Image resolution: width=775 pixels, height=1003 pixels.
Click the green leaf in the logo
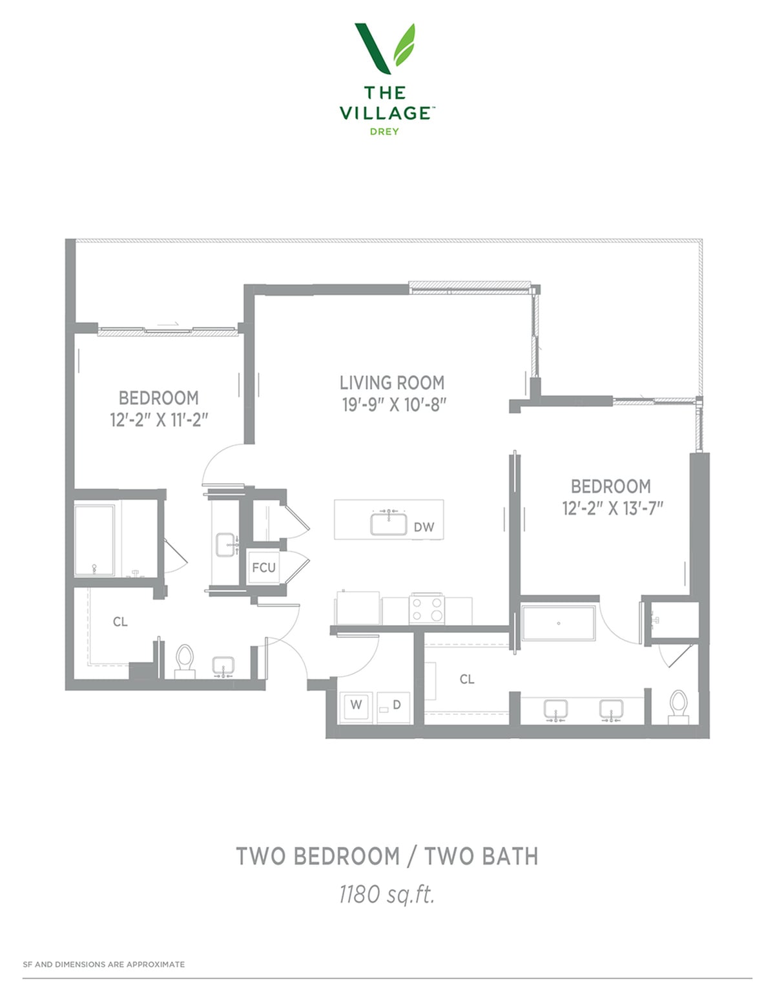coord(404,45)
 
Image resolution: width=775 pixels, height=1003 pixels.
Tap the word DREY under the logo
coord(384,132)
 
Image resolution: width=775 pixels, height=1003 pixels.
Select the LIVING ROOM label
coord(392,382)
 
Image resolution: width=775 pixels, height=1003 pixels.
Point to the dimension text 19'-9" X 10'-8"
coord(394,405)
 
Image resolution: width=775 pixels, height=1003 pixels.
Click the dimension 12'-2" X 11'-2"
coord(160,420)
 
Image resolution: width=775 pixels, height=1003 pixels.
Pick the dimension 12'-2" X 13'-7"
coord(612,508)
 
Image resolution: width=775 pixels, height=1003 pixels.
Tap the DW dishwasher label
coord(424,527)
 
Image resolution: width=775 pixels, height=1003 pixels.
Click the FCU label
coord(263,567)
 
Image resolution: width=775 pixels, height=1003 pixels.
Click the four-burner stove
coord(427,609)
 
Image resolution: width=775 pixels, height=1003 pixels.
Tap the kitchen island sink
coord(389,524)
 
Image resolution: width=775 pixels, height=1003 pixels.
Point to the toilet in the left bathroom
coord(185,661)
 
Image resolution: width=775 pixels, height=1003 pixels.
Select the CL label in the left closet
coord(120,622)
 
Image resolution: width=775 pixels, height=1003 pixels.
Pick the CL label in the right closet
coord(467,679)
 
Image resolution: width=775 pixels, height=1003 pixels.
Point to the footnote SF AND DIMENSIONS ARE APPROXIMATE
coord(104,964)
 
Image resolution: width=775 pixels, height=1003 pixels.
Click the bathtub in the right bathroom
coord(559,623)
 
